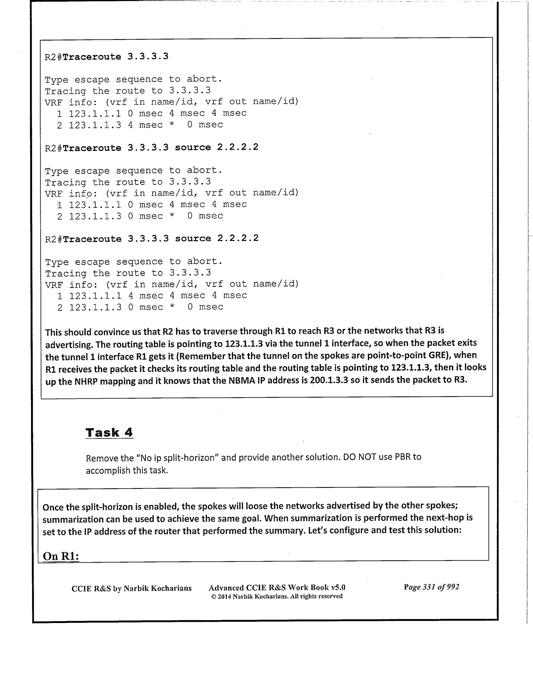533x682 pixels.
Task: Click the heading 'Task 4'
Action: click(109, 432)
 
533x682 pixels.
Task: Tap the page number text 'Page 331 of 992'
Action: click(431, 587)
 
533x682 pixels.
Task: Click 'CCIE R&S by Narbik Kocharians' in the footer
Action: click(132, 588)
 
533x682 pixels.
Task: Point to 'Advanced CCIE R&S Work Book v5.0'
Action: click(277, 587)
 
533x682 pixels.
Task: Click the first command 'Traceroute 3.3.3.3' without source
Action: click(115, 57)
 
